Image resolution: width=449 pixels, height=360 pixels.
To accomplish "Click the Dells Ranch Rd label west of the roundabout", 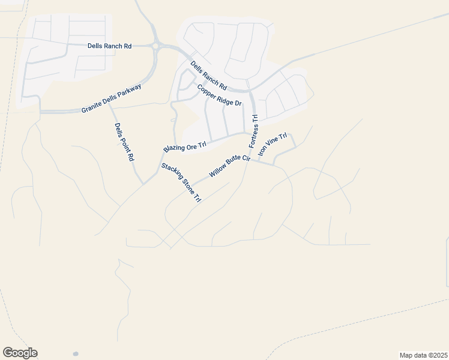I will pos(109,46).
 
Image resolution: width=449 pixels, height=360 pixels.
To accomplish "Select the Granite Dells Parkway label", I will pos(112,99).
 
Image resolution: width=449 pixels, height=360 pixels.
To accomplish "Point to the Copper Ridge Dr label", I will pos(219,95).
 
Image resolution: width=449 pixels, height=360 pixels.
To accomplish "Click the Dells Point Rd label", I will pos(124,142).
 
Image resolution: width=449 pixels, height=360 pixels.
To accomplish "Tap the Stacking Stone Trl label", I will pos(181,182).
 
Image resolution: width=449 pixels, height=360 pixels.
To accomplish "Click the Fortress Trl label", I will pos(253,132).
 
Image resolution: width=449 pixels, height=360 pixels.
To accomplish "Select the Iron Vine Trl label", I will pos(273,145).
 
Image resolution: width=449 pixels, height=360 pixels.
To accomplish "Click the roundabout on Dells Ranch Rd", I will pos(157,45).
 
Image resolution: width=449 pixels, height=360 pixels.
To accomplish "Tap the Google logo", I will pos(20,353).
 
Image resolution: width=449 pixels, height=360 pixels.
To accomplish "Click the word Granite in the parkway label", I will pos(92,107).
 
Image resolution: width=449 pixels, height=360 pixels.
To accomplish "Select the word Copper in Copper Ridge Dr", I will pos(206,89).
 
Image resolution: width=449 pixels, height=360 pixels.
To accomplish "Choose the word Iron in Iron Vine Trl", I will pos(262,152).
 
